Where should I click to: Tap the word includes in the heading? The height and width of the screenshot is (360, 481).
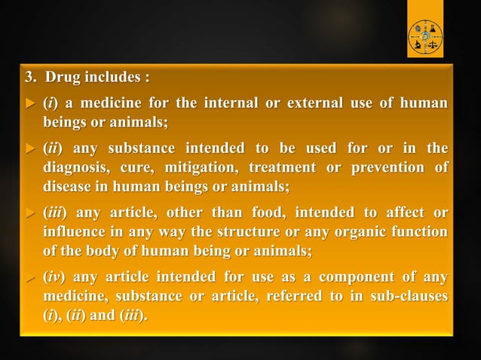pos(113,78)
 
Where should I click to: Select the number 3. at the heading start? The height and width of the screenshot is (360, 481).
pos(32,78)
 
